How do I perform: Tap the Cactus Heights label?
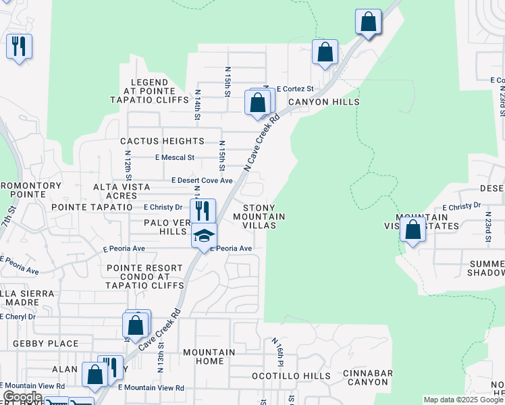click(162, 141)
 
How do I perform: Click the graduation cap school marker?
click(204, 236)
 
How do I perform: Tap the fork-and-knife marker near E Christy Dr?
click(203, 211)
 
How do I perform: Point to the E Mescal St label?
click(174, 157)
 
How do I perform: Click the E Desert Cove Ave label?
click(201, 181)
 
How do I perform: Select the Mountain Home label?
click(209, 357)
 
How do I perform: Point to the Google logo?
click(22, 397)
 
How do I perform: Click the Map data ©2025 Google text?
click(462, 400)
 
